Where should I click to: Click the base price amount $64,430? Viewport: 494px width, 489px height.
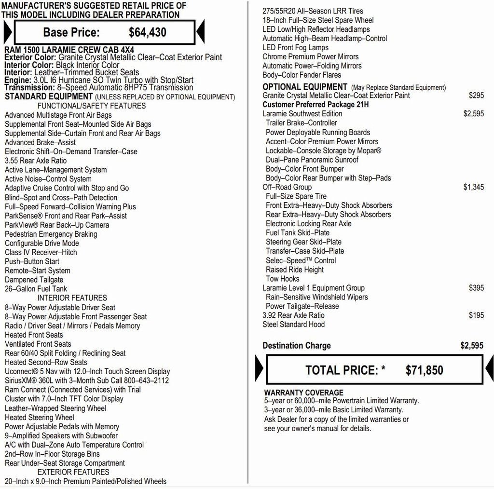[148, 32]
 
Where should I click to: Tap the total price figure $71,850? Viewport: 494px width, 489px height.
[424, 370]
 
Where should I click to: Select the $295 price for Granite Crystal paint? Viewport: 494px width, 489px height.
[476, 95]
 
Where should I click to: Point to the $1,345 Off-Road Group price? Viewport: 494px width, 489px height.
[473, 187]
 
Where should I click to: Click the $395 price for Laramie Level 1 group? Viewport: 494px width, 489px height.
[476, 288]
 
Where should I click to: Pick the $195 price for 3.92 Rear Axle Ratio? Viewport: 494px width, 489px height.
[476, 315]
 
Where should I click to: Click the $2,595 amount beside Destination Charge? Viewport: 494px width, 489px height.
[471, 346]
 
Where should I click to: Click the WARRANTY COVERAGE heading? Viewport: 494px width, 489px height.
[303, 393]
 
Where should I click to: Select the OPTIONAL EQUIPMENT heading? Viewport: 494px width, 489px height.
[305, 87]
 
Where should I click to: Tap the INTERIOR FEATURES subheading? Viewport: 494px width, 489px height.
[72, 298]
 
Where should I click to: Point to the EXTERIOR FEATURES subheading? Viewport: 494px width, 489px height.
[73, 472]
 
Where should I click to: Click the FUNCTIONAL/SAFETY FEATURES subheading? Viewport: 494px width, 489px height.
[92, 106]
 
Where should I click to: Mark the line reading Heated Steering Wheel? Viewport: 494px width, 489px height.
[40, 418]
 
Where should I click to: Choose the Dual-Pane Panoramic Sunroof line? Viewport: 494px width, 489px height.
[312, 160]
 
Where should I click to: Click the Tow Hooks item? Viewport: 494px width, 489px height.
[283, 279]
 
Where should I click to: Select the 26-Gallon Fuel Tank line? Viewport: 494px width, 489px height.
[36, 289]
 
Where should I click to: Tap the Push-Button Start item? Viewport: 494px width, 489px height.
[32, 261]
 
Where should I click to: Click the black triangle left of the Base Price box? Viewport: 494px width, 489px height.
[7, 32]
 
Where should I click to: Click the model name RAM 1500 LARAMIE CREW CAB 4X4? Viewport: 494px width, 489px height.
[69, 50]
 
